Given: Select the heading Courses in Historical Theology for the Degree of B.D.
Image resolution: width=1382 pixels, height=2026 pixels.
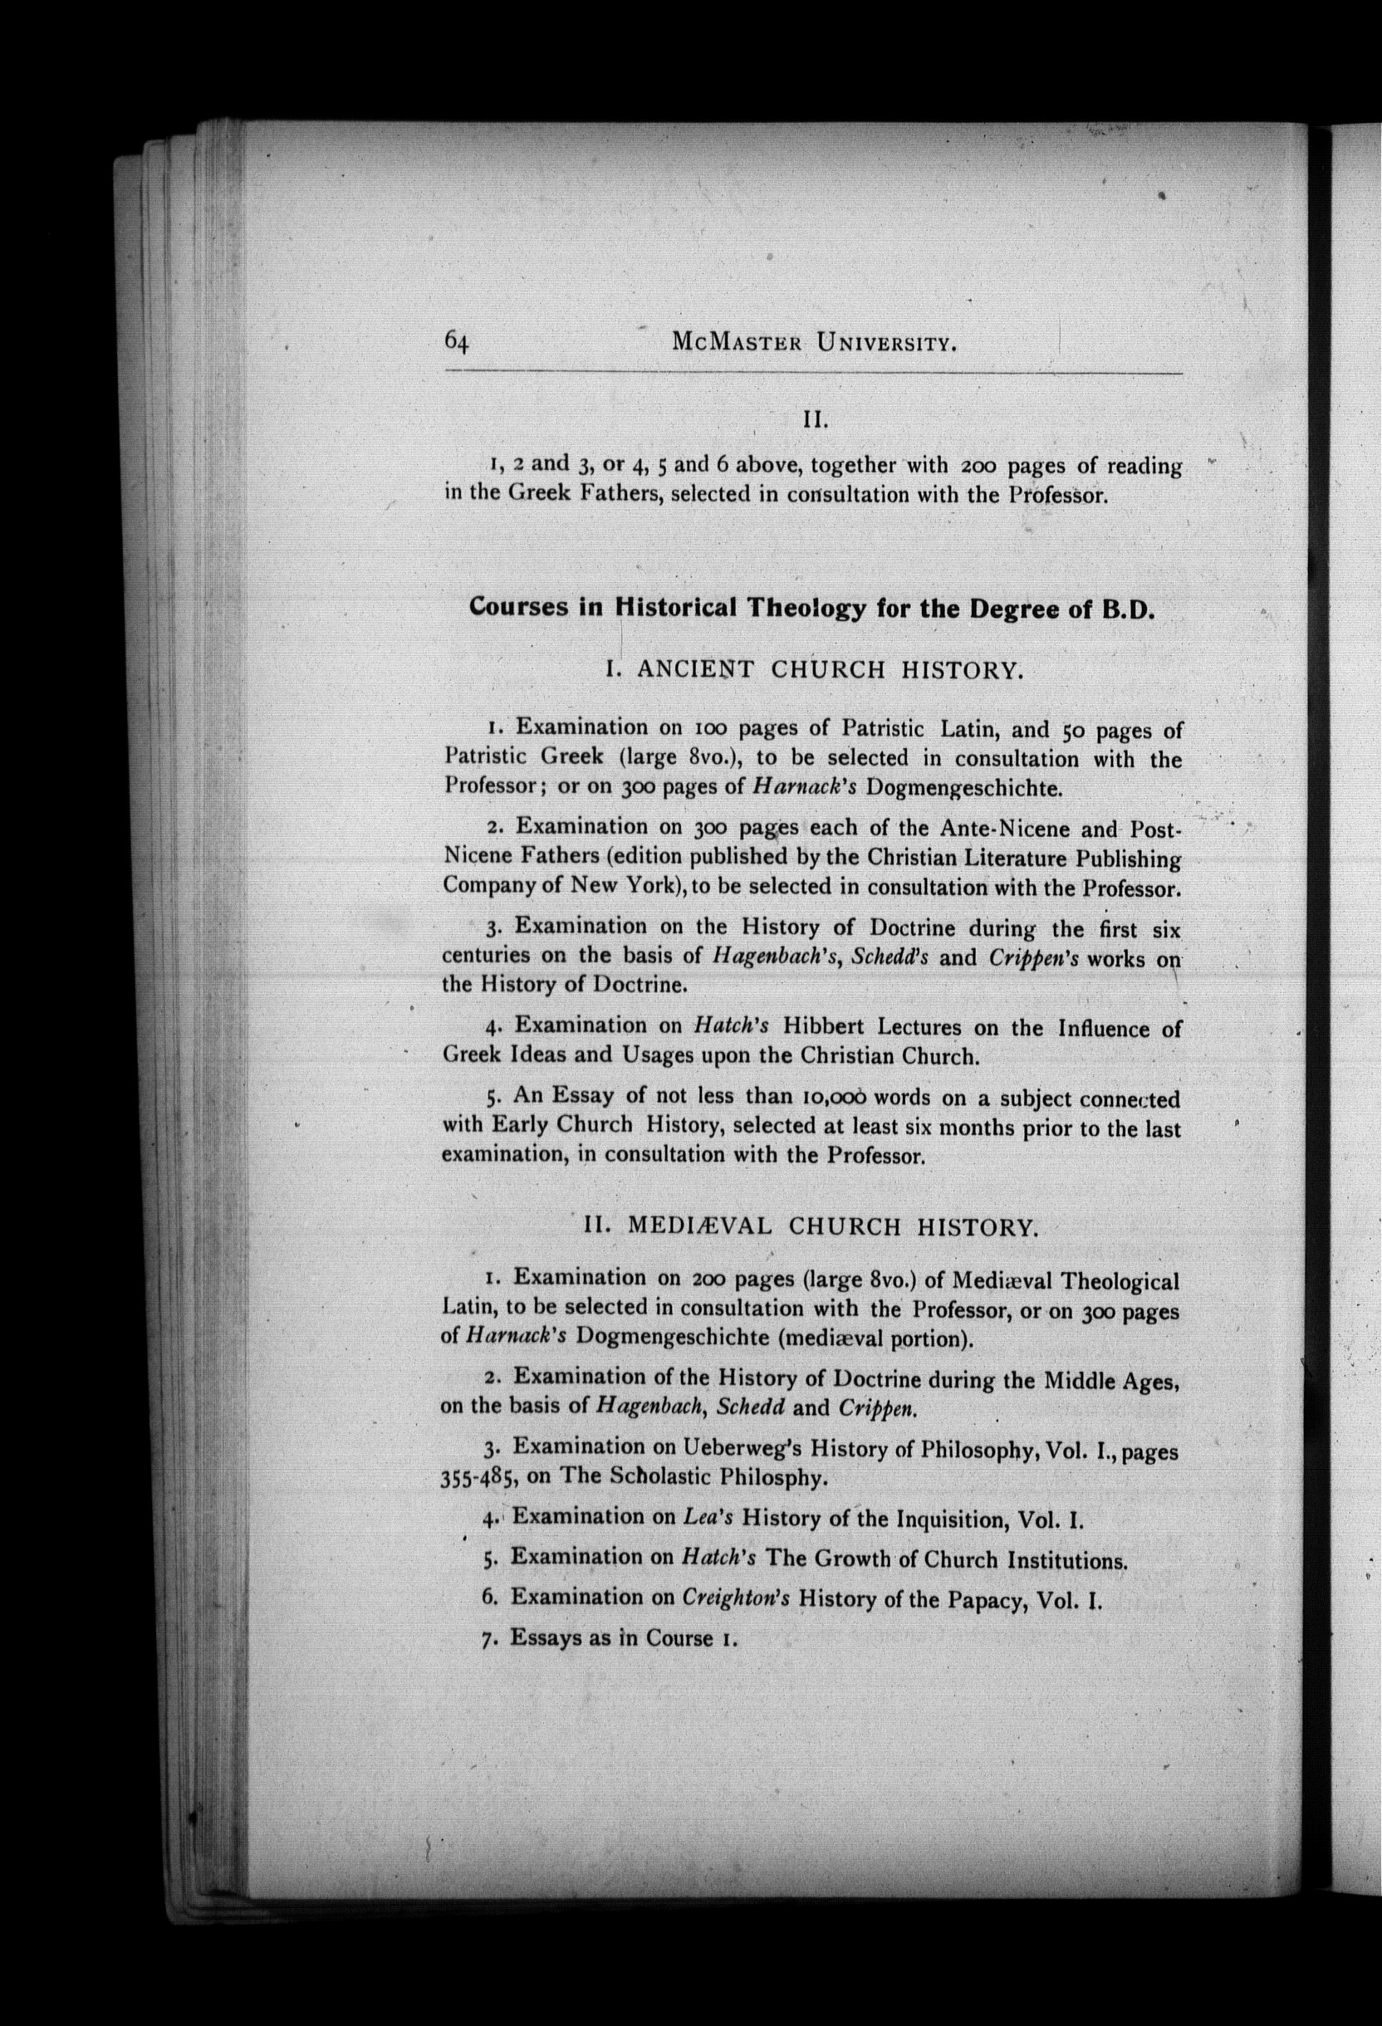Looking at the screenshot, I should (x=811, y=608).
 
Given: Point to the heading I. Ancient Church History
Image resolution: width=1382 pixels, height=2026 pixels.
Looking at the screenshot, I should (x=812, y=670).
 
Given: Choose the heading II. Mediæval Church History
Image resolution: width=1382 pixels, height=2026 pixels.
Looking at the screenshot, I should (x=811, y=1227).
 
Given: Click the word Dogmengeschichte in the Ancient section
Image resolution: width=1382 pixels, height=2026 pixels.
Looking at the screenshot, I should (x=965, y=789).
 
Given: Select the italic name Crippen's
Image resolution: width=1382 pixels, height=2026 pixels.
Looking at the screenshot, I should (x=1034, y=957).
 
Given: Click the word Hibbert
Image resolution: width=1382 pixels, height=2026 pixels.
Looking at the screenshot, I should (x=830, y=1027).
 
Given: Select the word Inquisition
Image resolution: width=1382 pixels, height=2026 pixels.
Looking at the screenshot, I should (x=951, y=1519).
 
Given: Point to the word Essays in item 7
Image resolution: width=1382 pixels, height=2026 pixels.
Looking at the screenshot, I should (x=546, y=1638).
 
